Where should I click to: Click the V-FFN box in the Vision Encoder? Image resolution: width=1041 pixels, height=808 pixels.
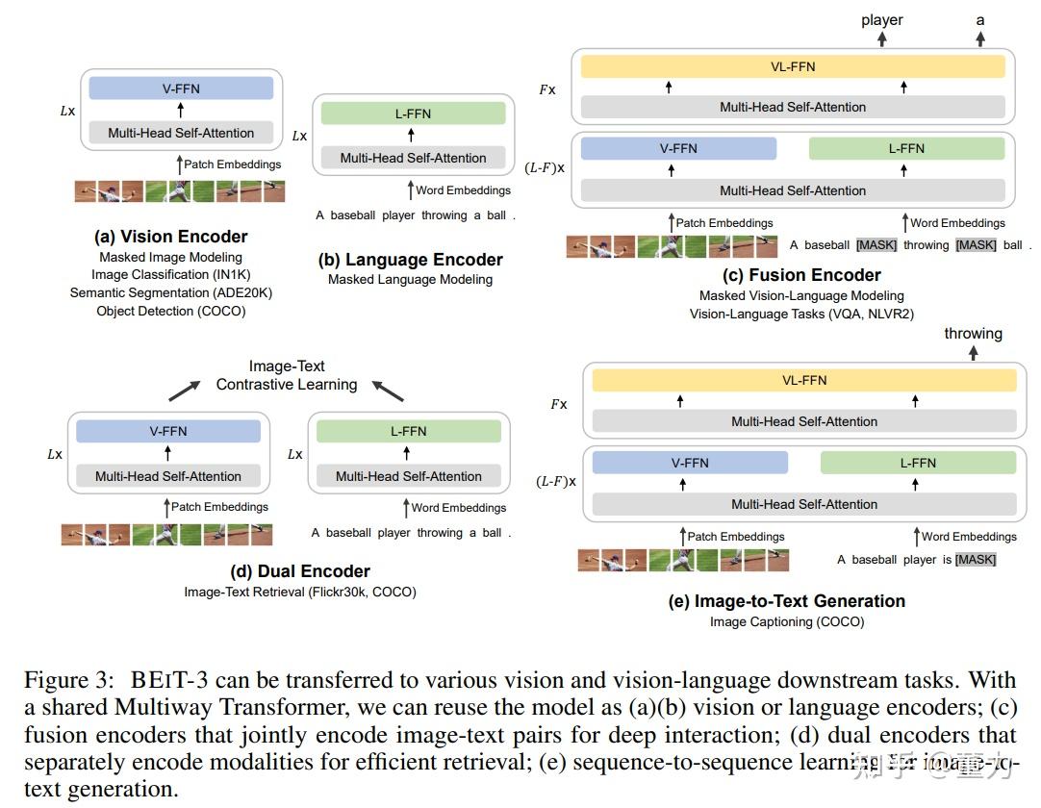[x=181, y=88]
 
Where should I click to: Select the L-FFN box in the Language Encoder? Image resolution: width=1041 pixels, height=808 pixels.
[x=413, y=114]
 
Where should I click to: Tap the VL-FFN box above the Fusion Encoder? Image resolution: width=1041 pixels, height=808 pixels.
[x=793, y=66]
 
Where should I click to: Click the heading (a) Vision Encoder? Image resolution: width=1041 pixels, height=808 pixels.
[x=170, y=237]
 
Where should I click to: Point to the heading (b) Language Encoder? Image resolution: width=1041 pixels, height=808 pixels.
[x=411, y=260]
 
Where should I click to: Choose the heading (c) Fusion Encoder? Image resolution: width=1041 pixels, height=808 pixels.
[x=801, y=275]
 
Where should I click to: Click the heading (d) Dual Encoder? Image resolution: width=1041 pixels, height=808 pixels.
[x=300, y=571]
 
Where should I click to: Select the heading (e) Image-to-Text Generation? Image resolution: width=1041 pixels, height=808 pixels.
[x=787, y=601]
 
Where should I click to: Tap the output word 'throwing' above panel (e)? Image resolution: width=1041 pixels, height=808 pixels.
[x=973, y=334]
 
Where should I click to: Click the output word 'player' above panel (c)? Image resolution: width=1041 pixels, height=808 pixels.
[x=881, y=20]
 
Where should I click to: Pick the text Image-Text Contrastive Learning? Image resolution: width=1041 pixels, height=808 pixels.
[x=287, y=375]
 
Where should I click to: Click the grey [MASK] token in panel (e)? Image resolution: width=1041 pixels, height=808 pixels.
[x=976, y=560]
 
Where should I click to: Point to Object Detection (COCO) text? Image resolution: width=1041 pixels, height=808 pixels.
[x=171, y=311]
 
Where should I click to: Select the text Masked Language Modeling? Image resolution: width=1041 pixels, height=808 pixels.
[x=410, y=280]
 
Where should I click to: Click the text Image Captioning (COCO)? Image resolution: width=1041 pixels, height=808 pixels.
[x=787, y=622]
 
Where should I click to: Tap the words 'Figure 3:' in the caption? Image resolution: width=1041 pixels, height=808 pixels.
[x=69, y=681]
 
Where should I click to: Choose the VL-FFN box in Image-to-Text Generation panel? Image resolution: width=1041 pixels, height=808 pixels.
[x=804, y=380]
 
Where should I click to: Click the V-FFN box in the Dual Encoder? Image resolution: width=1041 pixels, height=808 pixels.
[x=168, y=431]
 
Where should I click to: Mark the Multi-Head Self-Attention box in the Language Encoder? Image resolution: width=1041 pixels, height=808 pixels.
[x=413, y=158]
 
